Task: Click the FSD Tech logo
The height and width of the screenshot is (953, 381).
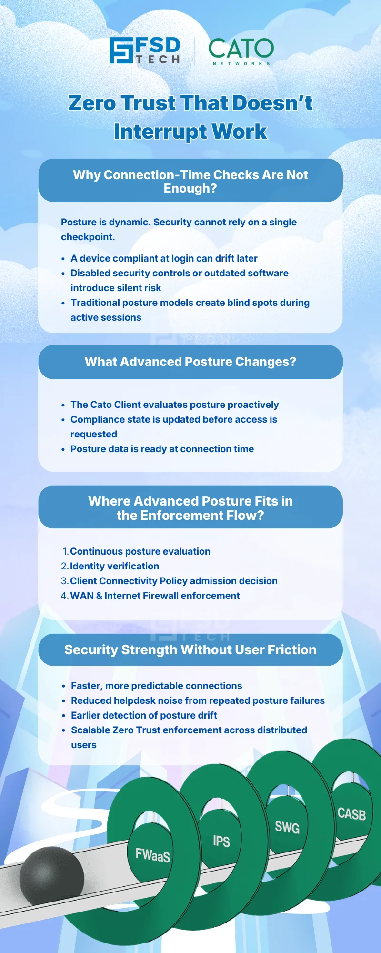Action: [145, 51]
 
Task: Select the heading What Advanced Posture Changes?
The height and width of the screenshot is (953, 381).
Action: [190, 362]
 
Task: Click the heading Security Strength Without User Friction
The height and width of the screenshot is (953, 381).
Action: [190, 650]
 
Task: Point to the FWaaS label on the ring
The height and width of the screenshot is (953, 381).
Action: [152, 855]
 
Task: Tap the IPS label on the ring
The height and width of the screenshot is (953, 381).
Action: [221, 841]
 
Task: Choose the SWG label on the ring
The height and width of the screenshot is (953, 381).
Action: [287, 827]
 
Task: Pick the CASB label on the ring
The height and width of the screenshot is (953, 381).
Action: [351, 813]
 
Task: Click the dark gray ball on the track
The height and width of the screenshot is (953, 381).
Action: [51, 877]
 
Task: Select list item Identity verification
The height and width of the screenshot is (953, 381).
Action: [114, 566]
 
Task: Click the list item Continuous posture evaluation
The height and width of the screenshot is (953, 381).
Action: [140, 551]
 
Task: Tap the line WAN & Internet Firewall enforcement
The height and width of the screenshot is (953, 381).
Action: [155, 596]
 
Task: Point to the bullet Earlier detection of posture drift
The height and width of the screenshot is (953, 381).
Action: [144, 715]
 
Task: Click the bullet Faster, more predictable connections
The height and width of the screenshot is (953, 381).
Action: [156, 686]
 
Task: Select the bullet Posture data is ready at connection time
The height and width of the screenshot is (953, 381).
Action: [162, 449]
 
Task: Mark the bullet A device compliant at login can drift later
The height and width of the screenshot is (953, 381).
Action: [164, 258]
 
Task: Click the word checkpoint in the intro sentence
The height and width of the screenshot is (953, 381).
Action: [87, 237]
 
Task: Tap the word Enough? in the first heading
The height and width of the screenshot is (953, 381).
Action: [190, 189]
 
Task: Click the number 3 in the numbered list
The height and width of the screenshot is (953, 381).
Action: [64, 581]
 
